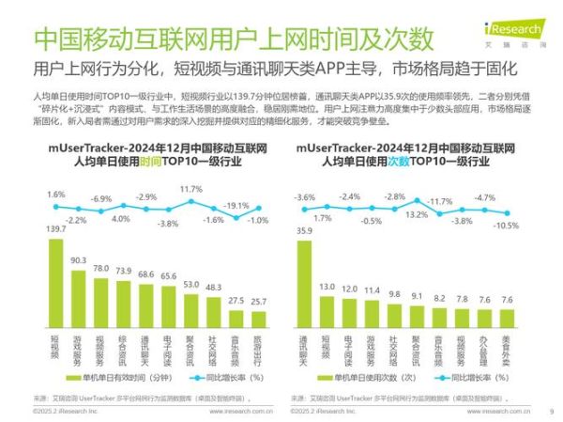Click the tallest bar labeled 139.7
pos(56,291)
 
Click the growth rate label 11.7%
pos(190,189)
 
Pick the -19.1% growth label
pos(235,206)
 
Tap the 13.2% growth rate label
pos(416,213)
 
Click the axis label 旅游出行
pos(259,350)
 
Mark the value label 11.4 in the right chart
pos(371,290)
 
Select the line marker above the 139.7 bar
pos(56,208)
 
